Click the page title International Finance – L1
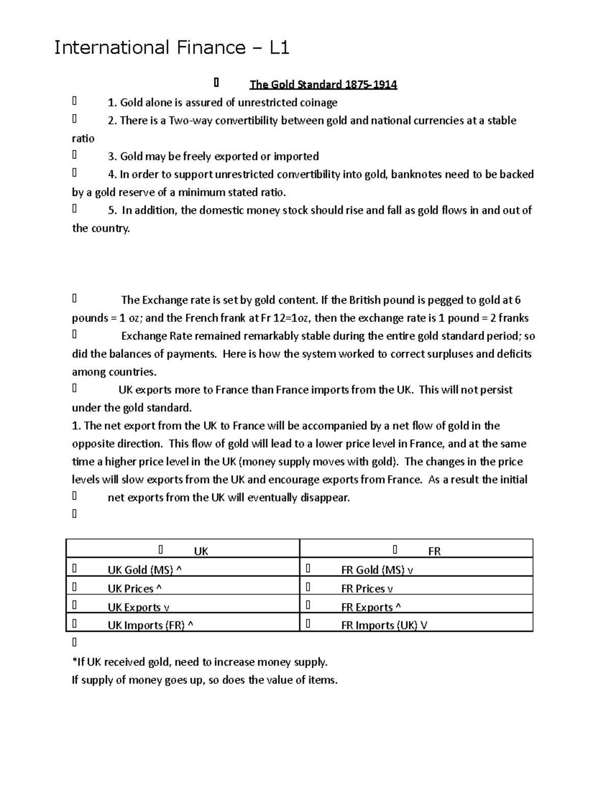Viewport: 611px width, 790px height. point(172,48)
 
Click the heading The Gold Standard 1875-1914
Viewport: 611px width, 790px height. point(323,84)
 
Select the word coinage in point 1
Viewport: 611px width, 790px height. point(318,103)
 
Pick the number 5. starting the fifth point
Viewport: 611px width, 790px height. point(112,211)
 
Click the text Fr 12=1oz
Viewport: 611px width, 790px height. point(286,318)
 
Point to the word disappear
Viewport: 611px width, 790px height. point(324,498)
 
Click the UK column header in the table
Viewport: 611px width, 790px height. point(201,551)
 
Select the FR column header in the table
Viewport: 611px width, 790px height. point(434,551)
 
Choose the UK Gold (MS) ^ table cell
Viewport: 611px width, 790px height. point(145,570)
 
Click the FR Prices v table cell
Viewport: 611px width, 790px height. point(367,589)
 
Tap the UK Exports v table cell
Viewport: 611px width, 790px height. point(138,607)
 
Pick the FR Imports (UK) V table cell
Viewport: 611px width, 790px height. point(384,626)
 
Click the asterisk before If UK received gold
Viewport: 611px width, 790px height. point(74,661)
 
